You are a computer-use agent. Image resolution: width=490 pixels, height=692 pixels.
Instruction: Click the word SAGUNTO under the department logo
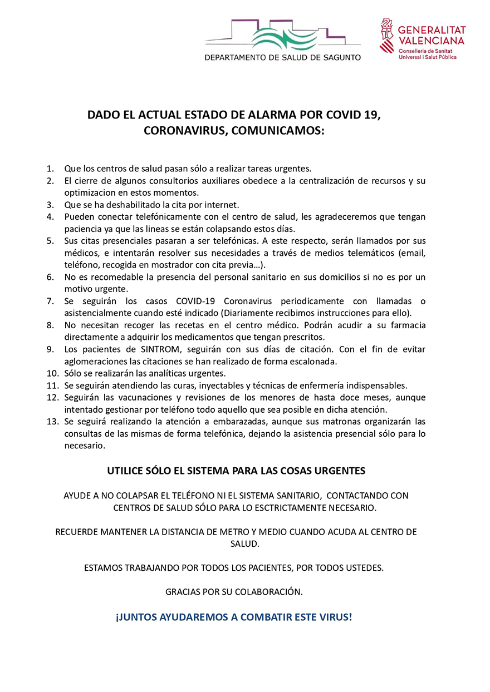click(x=339, y=57)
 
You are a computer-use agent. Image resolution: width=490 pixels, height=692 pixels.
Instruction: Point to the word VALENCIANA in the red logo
click(x=432, y=41)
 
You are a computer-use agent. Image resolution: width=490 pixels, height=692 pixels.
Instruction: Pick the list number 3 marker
click(x=50, y=205)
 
